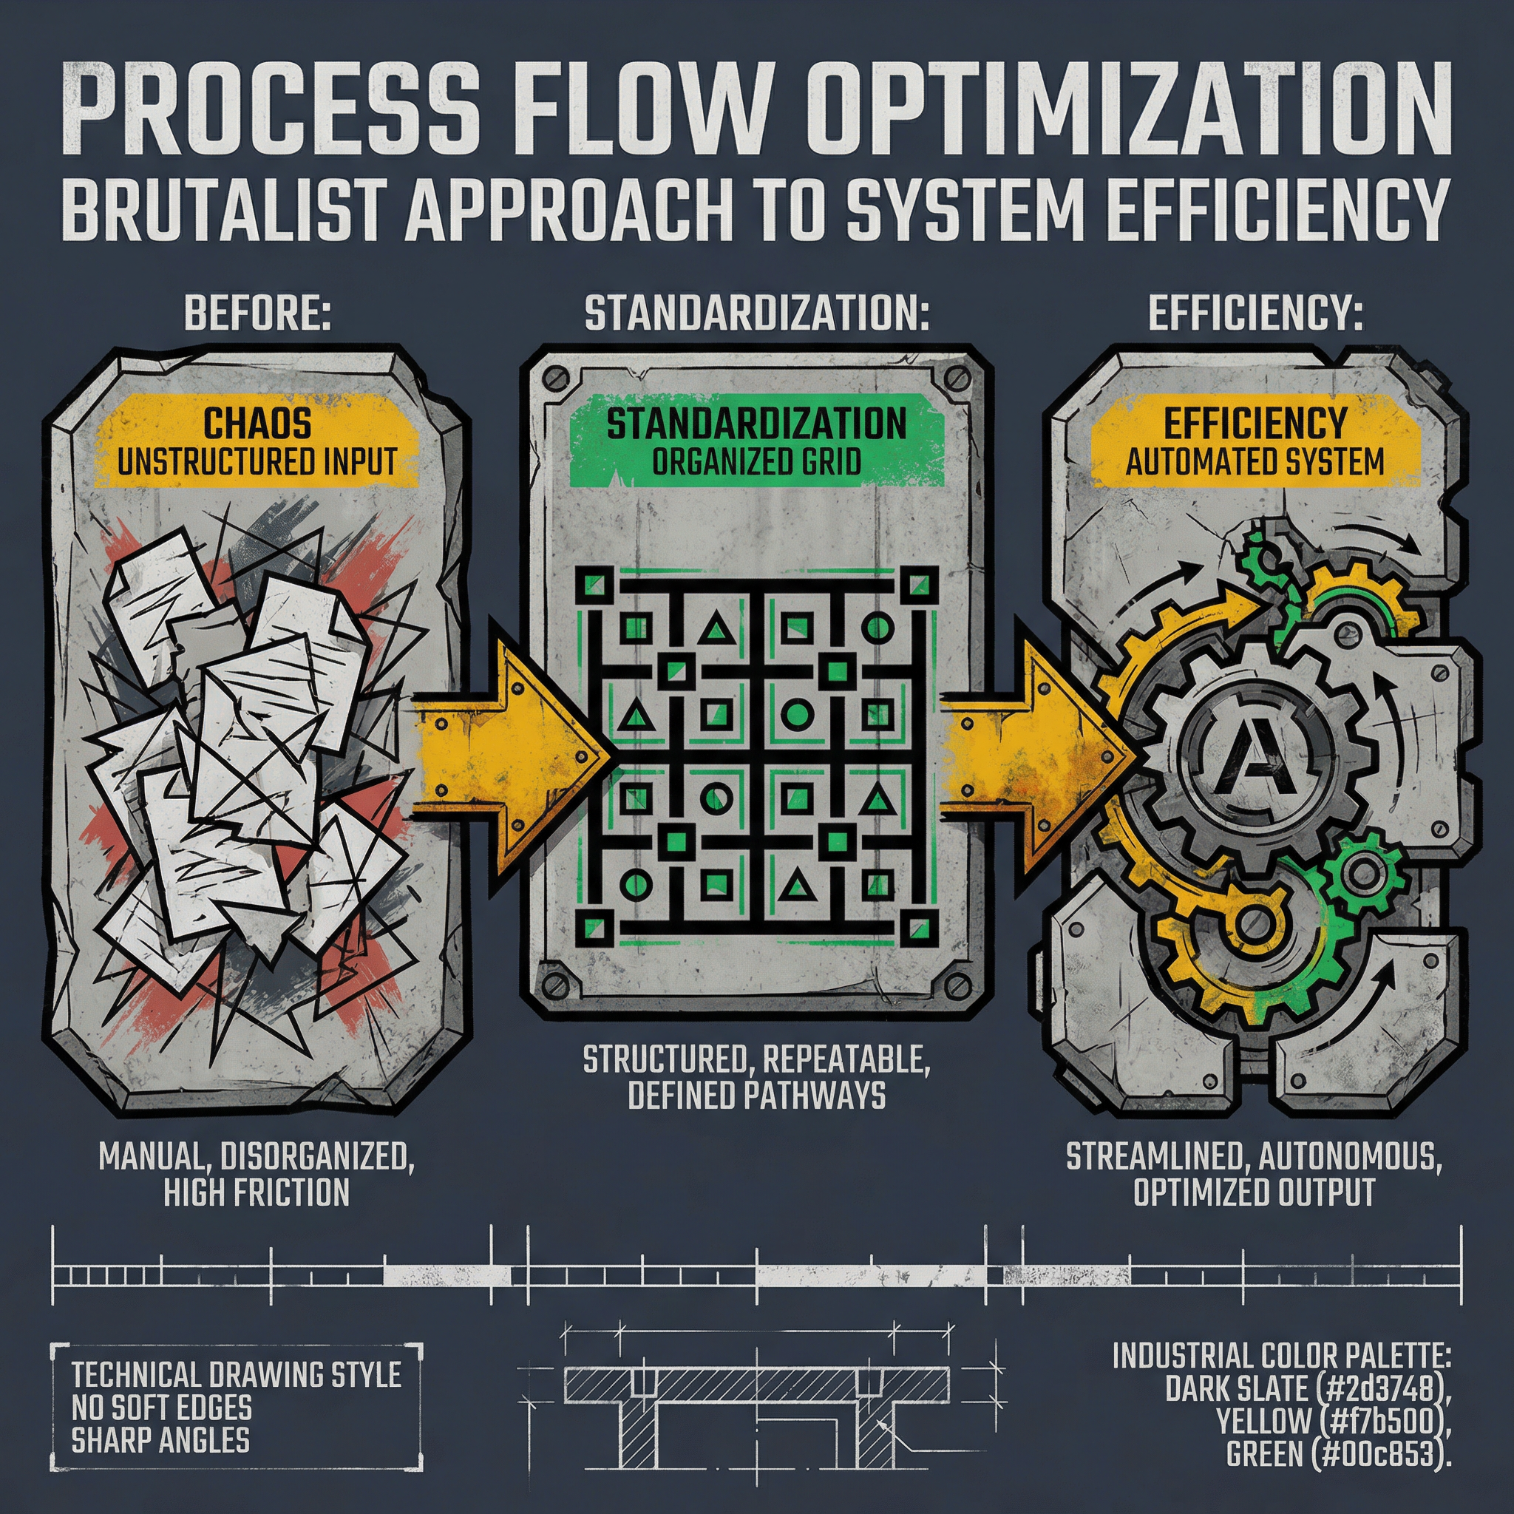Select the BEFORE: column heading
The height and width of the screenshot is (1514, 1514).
(258, 314)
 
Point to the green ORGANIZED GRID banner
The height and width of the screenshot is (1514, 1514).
(756, 443)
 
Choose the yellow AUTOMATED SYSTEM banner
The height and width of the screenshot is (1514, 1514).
(1255, 443)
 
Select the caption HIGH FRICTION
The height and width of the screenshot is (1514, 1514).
(257, 1193)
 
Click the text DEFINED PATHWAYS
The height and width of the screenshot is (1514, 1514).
(756, 1096)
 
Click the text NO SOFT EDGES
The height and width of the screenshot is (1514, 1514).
(161, 1408)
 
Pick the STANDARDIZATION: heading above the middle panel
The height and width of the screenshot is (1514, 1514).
(756, 314)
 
